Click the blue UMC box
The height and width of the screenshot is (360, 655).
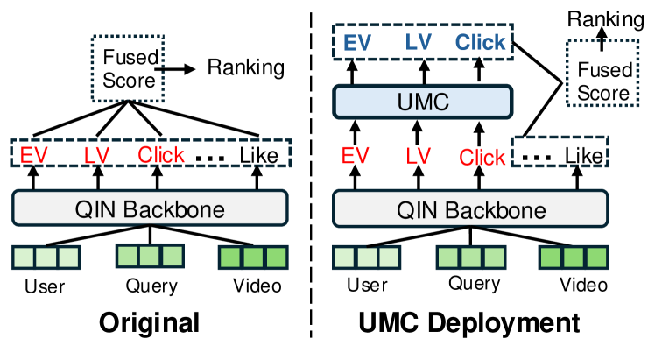click(423, 102)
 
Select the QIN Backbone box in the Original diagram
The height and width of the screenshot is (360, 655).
click(150, 208)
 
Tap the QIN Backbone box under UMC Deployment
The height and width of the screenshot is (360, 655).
click(470, 208)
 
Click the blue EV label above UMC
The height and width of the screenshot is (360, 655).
click(357, 43)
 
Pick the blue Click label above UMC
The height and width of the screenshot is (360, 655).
click(480, 42)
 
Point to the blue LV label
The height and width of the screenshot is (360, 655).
click(419, 42)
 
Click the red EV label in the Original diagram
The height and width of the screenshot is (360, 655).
click(34, 155)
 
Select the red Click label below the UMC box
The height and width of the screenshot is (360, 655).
click(482, 158)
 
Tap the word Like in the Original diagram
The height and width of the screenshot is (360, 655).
click(259, 156)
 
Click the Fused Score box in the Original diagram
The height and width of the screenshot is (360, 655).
click(128, 69)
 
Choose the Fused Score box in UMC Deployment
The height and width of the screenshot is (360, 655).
click(602, 73)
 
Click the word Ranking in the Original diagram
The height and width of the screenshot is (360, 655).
click(246, 67)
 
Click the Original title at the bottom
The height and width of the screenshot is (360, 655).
click(149, 323)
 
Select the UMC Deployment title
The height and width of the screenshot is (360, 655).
click(469, 323)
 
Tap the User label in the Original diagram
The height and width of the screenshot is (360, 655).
click(45, 286)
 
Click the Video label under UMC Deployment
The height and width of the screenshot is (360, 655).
click(583, 285)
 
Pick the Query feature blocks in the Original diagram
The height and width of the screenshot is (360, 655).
click(150, 256)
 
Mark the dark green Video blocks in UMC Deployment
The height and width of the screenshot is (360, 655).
click(574, 258)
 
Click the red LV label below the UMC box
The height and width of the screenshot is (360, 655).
click(419, 156)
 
